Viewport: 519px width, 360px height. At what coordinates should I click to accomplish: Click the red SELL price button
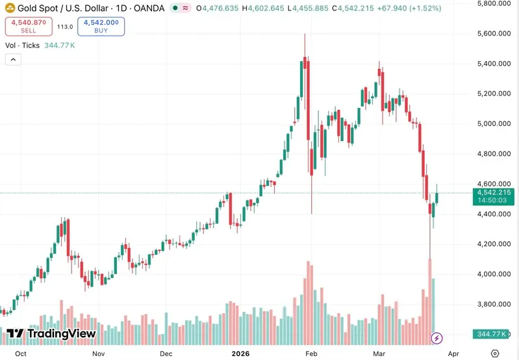(29, 27)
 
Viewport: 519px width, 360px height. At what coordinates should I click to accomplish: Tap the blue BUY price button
(101, 27)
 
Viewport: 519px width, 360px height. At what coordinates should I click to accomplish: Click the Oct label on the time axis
(21, 354)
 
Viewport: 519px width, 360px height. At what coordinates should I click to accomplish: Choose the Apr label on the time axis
(454, 354)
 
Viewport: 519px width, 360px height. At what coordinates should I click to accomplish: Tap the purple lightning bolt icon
(437, 338)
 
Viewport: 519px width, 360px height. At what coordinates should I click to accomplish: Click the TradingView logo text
(51, 334)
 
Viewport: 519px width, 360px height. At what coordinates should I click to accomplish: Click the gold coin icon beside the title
(11, 8)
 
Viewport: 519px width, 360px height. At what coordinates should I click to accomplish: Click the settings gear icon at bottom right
(495, 354)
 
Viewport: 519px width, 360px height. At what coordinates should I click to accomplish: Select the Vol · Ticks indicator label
(22, 45)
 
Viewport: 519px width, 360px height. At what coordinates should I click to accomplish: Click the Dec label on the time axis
(166, 354)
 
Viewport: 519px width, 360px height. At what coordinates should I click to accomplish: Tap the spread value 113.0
(65, 27)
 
